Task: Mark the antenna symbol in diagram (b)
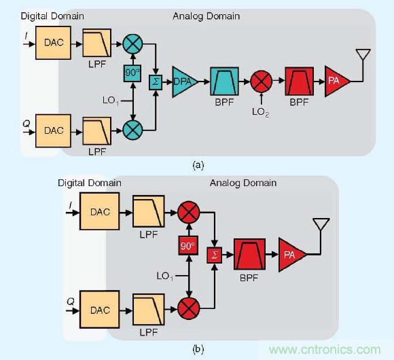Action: click(319, 227)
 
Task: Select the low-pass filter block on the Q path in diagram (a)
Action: click(94, 127)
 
